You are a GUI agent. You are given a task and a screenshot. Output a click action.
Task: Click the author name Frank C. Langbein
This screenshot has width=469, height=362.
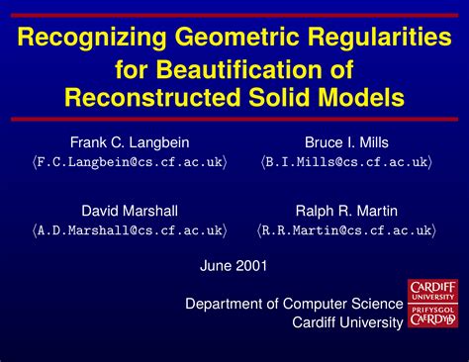tap(129, 141)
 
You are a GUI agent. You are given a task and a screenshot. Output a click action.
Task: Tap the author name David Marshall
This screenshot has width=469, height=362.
tap(129, 211)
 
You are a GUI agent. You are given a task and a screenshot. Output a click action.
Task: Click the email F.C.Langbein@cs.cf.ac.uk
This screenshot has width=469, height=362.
tap(129, 161)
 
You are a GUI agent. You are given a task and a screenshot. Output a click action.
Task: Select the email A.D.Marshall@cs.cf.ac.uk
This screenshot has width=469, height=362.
tap(129, 230)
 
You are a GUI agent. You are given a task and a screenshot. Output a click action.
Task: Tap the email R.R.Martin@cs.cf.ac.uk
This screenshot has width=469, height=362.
tap(345, 230)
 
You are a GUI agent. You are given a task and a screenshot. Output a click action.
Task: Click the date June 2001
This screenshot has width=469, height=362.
tap(234, 266)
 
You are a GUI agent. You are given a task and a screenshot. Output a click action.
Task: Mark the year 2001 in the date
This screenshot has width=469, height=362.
tap(251, 266)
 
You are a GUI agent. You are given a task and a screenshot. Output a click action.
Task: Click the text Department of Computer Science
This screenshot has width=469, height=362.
tap(294, 304)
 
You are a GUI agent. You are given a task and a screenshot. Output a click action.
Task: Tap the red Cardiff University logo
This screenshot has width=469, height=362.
tap(433, 304)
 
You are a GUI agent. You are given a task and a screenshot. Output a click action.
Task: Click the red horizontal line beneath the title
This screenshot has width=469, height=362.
tap(234, 120)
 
